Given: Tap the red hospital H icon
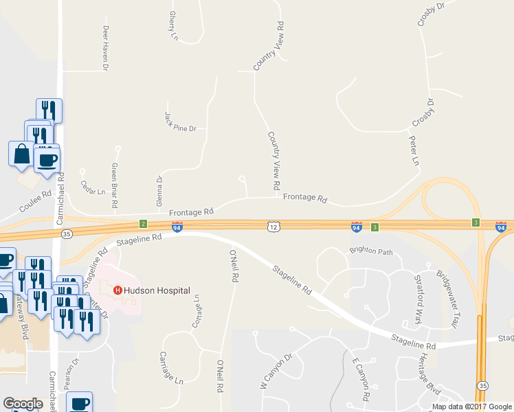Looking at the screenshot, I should (x=118, y=290).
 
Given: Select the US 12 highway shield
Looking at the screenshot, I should (x=273, y=226).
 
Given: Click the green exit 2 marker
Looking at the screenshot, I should (x=143, y=224).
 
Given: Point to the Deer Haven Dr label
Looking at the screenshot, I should (x=106, y=49).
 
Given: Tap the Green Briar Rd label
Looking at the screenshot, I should (x=115, y=185).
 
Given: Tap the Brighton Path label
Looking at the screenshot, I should (x=371, y=251).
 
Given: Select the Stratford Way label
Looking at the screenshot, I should (x=417, y=301).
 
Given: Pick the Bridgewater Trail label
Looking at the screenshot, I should (x=447, y=298).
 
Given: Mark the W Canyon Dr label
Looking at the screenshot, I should (x=276, y=371).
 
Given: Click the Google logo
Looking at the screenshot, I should (x=23, y=404).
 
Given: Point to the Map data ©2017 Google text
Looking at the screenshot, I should (x=471, y=407).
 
